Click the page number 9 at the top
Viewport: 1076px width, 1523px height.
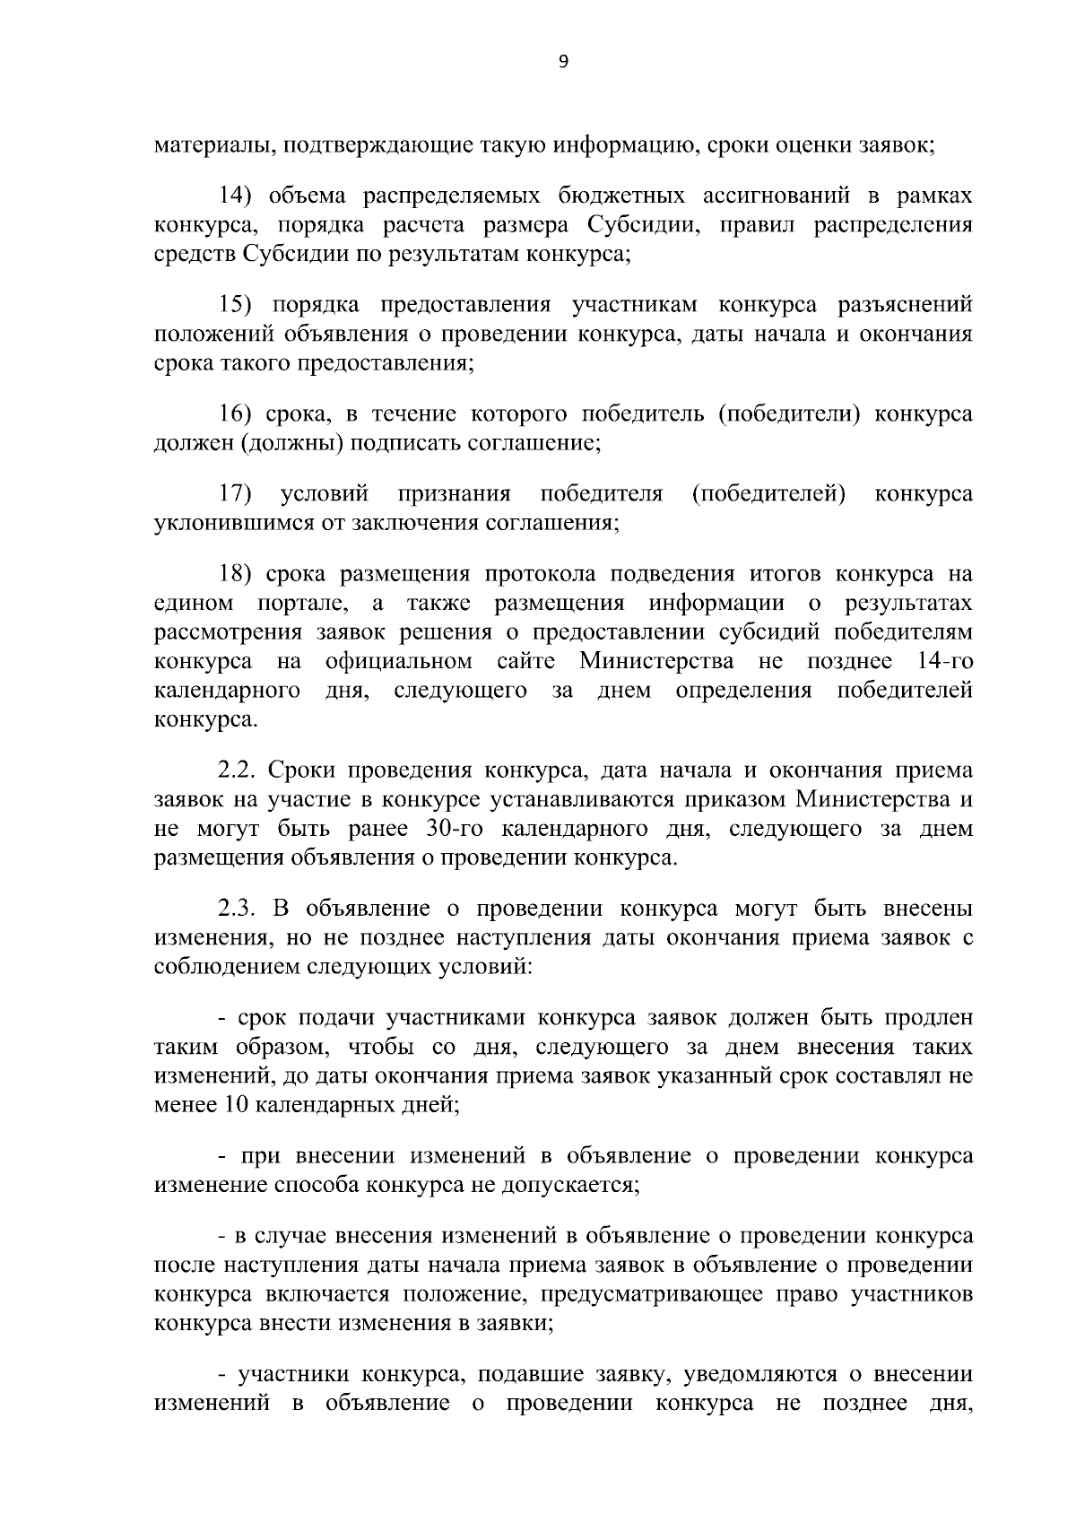pos(563,61)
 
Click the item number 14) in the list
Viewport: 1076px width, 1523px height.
pos(238,196)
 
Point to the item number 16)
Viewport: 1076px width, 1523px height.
pos(238,413)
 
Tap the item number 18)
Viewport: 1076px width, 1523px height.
pos(238,574)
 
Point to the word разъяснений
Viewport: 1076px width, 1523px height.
pos(905,305)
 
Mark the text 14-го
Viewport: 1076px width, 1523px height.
pos(946,662)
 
